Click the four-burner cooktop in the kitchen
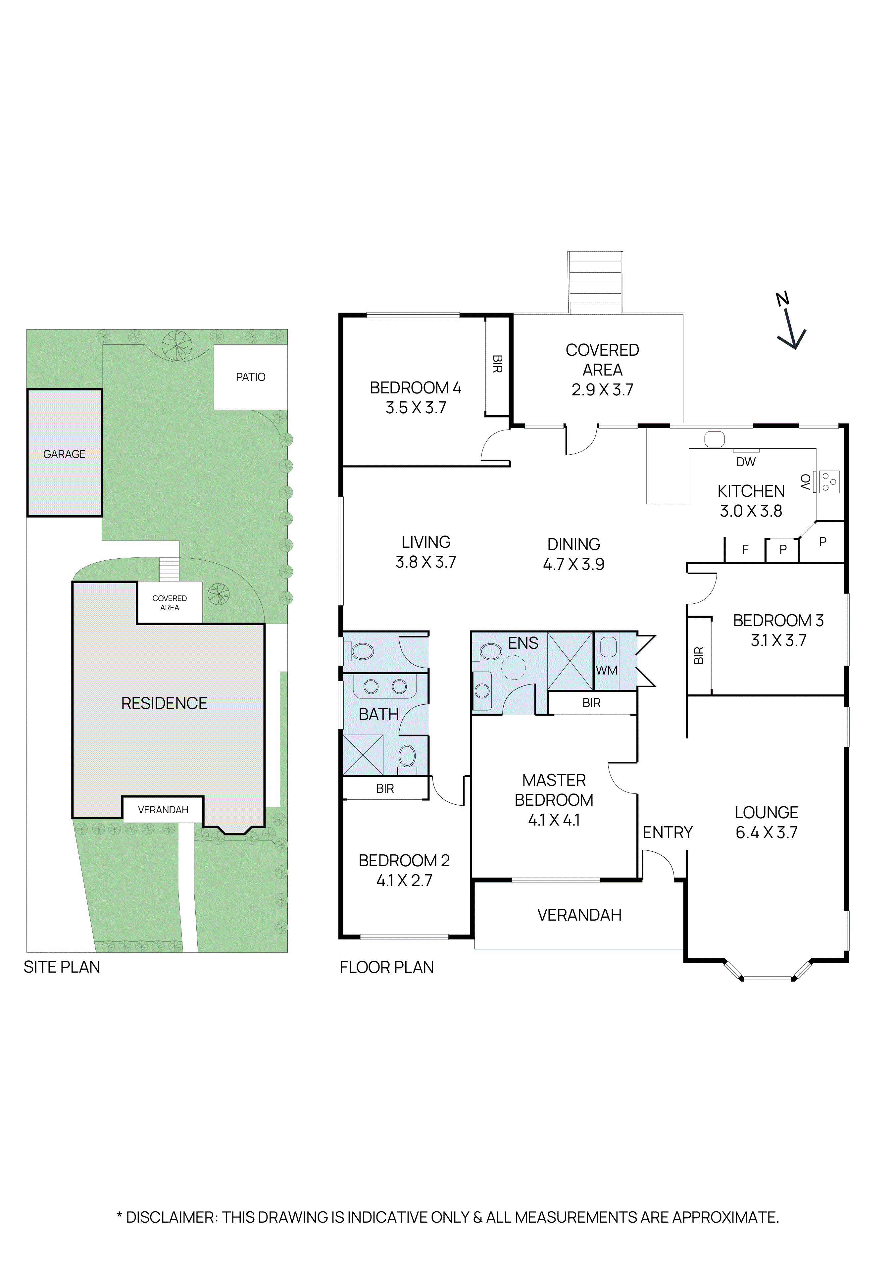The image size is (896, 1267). click(829, 481)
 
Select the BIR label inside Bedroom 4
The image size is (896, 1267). click(497, 364)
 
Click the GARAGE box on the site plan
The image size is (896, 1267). click(65, 454)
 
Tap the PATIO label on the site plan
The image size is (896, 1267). click(250, 377)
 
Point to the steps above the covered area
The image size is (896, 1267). click(595, 282)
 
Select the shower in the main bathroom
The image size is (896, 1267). click(363, 755)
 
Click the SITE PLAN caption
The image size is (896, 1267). click(62, 967)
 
